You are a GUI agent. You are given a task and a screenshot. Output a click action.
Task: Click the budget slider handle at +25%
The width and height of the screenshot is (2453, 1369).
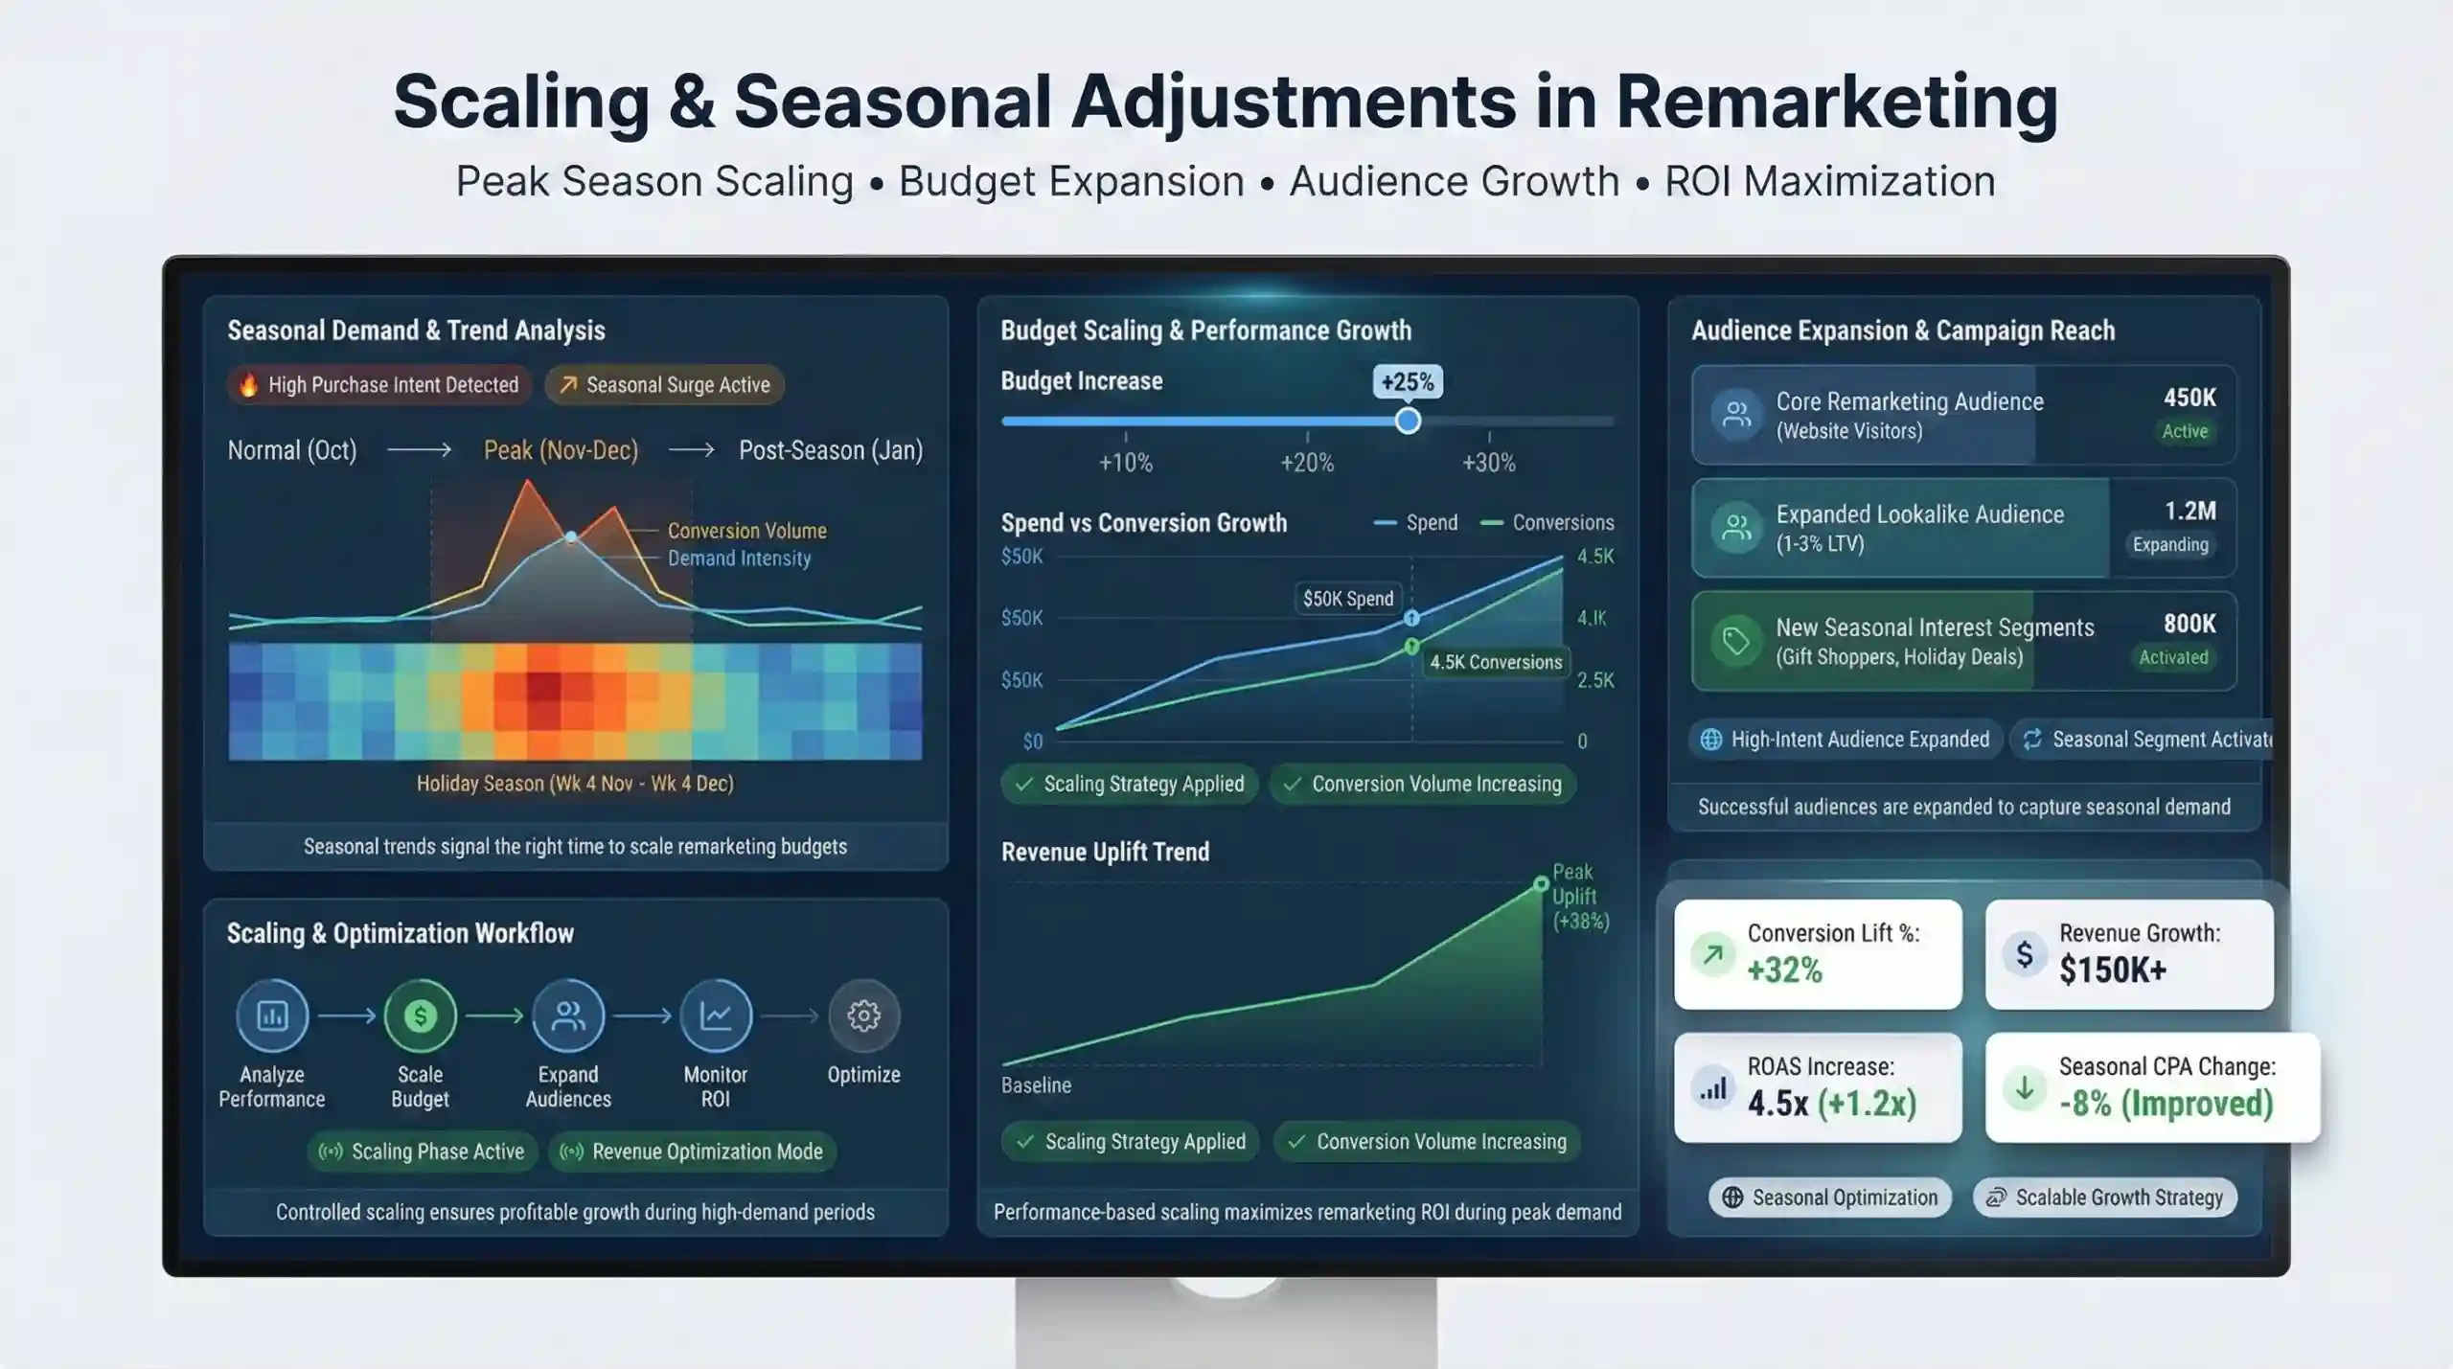(x=1408, y=421)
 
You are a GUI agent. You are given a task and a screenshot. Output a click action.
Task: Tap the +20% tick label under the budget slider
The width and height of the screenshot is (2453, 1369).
(x=1307, y=463)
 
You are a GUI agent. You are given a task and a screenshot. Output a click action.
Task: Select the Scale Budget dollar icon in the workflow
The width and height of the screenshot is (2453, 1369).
(x=420, y=1015)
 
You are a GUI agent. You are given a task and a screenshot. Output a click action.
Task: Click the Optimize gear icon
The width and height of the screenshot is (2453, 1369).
(x=863, y=1015)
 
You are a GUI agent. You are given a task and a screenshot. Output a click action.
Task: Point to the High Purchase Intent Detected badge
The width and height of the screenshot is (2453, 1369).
(x=379, y=385)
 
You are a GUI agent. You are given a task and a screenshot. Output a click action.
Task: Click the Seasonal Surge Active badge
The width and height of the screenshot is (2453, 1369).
(x=664, y=385)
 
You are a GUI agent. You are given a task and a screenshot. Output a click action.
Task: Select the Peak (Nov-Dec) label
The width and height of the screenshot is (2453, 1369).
(x=561, y=450)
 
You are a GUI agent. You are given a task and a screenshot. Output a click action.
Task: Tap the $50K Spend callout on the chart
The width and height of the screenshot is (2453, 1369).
(x=1348, y=599)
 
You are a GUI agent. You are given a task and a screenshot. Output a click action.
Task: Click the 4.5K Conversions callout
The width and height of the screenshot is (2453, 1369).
(x=1496, y=662)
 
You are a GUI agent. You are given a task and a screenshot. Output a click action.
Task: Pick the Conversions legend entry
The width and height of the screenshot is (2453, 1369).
(x=1547, y=523)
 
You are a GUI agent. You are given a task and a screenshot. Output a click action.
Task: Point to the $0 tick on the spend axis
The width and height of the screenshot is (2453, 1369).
(x=1032, y=742)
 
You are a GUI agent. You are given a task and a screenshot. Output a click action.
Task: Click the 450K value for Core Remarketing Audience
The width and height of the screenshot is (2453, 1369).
(x=2189, y=398)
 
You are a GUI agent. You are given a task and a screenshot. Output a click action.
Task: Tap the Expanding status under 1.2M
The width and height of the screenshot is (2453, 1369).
(x=2170, y=544)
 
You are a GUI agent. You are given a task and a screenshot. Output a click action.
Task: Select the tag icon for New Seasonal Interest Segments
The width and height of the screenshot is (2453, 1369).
(x=1736, y=641)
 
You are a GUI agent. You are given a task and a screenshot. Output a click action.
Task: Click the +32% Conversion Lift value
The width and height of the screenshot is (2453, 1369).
(x=1784, y=970)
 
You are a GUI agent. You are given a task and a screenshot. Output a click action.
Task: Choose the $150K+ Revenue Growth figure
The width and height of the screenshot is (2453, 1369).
(x=2113, y=970)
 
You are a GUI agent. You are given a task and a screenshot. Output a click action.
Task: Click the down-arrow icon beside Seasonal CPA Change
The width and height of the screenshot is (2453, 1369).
(x=2025, y=1088)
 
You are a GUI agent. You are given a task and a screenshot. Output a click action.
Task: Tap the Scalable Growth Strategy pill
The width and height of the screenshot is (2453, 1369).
(x=2105, y=1198)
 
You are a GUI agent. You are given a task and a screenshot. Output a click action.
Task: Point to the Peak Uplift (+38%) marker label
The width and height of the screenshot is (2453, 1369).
(x=1580, y=897)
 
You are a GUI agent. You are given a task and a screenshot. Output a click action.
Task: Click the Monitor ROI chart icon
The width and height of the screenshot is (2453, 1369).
(x=716, y=1015)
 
